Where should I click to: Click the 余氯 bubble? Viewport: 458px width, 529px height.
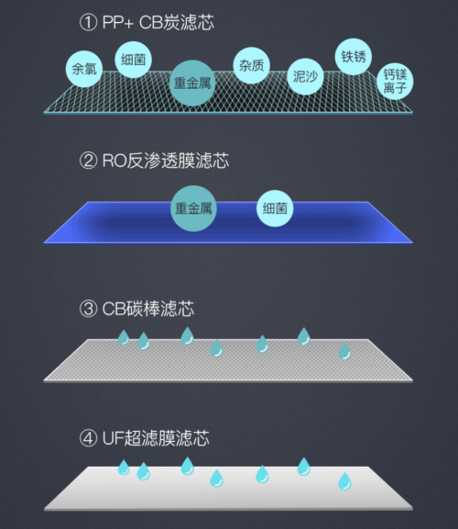(84, 69)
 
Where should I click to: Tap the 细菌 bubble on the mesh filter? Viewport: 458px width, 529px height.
(134, 60)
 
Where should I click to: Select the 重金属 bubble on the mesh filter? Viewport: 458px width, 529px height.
(192, 83)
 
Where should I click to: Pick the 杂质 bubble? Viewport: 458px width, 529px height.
(251, 65)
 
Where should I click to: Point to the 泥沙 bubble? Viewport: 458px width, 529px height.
(305, 77)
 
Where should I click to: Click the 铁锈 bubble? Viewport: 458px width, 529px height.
(354, 56)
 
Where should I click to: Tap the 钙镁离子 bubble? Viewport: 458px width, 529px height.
(395, 82)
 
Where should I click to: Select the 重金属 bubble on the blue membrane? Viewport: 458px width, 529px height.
(193, 208)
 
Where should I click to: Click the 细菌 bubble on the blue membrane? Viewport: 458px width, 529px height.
(275, 208)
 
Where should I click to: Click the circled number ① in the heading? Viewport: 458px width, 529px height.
(88, 23)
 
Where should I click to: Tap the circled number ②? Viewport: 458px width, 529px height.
(88, 160)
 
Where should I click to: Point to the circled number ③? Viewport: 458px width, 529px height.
(88, 308)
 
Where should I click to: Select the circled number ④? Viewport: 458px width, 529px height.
(88, 438)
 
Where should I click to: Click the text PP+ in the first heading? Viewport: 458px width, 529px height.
(118, 23)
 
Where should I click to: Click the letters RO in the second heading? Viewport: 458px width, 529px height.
(114, 160)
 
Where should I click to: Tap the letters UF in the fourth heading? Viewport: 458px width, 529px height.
(114, 438)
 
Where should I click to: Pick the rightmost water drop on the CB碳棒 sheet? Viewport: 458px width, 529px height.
(344, 351)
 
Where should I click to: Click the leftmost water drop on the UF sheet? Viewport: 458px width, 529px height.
(124, 468)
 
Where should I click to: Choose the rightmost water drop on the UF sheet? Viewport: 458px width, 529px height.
(344, 481)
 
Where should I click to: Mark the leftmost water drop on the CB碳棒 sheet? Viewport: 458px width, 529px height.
(124, 337)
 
